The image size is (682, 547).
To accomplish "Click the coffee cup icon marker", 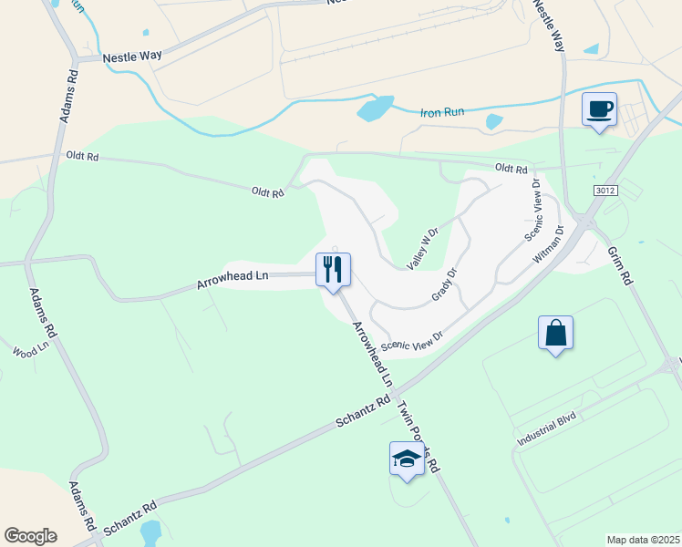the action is click(x=599, y=110).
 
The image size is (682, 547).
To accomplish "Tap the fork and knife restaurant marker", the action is click(x=333, y=269).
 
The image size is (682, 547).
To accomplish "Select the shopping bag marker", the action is click(x=555, y=333).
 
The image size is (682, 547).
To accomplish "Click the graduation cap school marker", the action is click(x=407, y=459).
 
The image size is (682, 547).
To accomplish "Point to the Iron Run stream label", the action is click(x=442, y=112).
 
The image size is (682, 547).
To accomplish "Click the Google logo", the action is click(x=30, y=535).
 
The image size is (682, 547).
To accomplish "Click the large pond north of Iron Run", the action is click(x=376, y=108).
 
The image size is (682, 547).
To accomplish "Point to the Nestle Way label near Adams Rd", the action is click(x=132, y=56).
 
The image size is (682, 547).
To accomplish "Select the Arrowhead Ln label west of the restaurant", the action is click(x=232, y=279).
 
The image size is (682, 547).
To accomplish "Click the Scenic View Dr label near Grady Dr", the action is click(x=412, y=340).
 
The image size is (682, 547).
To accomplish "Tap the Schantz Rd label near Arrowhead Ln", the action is click(x=363, y=412).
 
